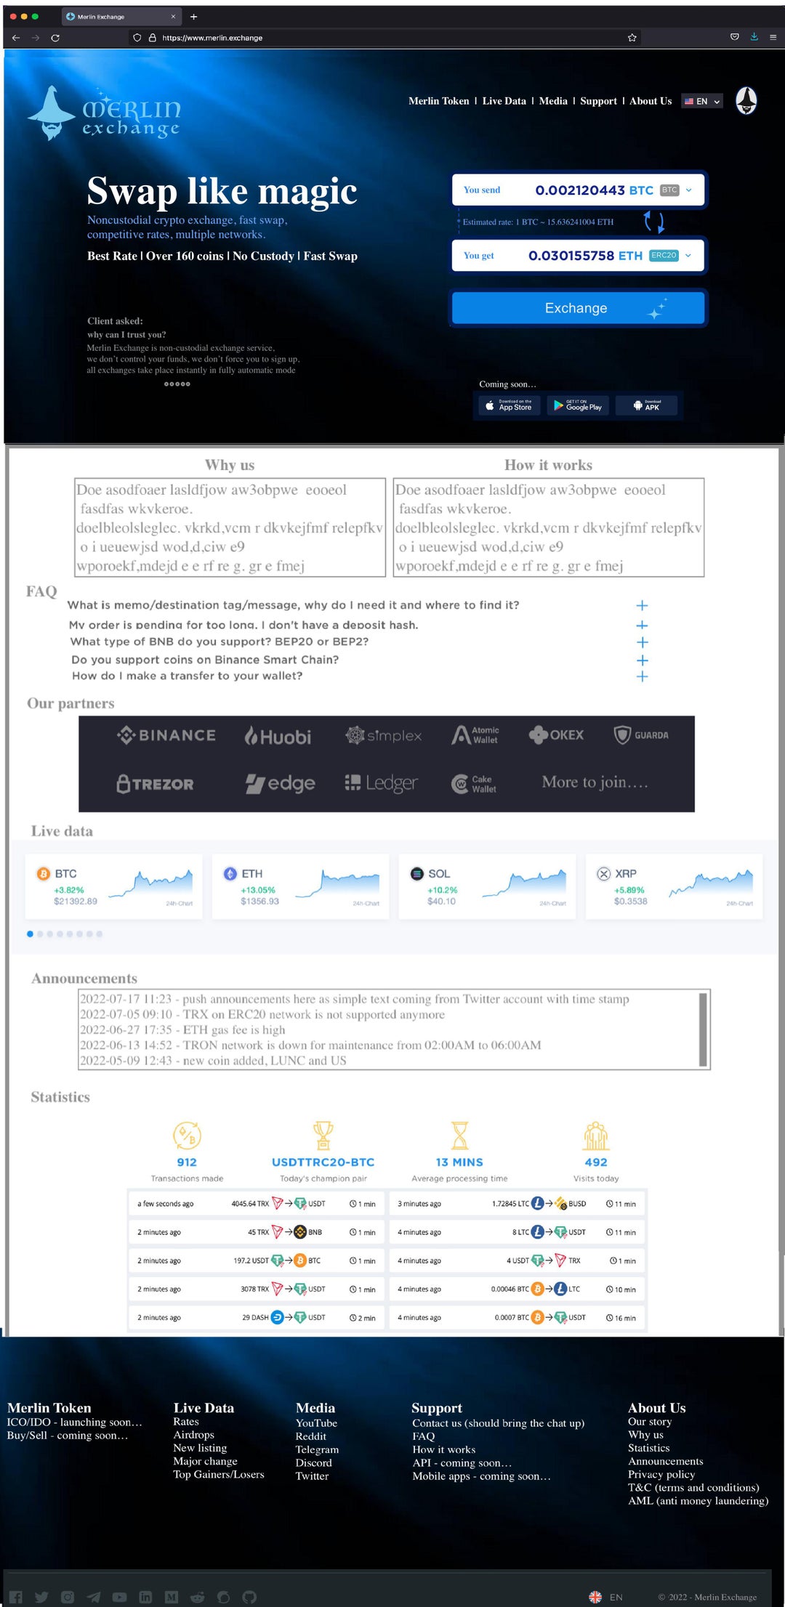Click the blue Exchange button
pyautogui.click(x=577, y=308)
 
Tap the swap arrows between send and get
pyautogui.click(x=654, y=222)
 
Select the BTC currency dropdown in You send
pyautogui.click(x=676, y=190)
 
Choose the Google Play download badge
pyautogui.click(x=578, y=405)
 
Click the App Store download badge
pyautogui.click(x=509, y=405)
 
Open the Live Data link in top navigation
pyautogui.click(x=504, y=101)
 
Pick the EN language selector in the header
pyautogui.click(x=702, y=102)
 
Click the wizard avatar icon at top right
pyautogui.click(x=746, y=101)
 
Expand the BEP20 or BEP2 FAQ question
pyautogui.click(x=642, y=642)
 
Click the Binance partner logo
pyautogui.click(x=166, y=735)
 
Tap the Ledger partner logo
pyautogui.click(x=382, y=783)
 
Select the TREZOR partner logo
pyautogui.click(x=156, y=784)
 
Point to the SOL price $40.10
pyautogui.click(x=441, y=902)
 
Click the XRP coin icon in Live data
pyautogui.click(x=603, y=874)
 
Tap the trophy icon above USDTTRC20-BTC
pyautogui.click(x=323, y=1135)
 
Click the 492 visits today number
pyautogui.click(x=596, y=1162)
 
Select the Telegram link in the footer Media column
pyautogui.click(x=317, y=1449)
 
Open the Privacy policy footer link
pyautogui.click(x=661, y=1474)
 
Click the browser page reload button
pyautogui.click(x=55, y=38)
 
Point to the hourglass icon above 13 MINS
pyautogui.click(x=459, y=1135)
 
